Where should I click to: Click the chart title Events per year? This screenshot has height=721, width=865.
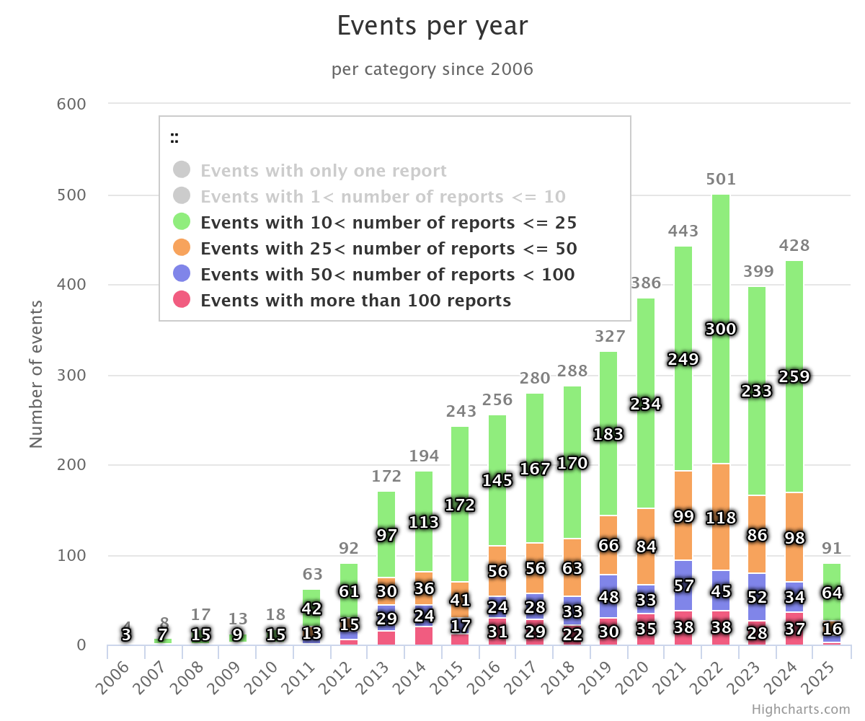[x=432, y=27]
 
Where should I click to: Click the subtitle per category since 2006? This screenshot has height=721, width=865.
[x=432, y=69]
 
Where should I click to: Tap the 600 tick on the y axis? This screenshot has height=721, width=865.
[x=71, y=105]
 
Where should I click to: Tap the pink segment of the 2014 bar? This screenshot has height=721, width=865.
[x=424, y=636]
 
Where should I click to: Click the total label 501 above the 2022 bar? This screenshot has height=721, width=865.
[x=721, y=180]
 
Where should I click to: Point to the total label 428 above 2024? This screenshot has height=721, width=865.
[x=794, y=246]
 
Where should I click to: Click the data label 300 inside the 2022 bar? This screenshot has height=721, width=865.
[x=721, y=329]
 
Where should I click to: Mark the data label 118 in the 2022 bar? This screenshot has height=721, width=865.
[x=721, y=518]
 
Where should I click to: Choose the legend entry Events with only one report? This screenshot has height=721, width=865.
[x=324, y=171]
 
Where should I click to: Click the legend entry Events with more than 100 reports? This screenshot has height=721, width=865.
[x=355, y=301]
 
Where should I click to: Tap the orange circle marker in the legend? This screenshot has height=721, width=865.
[x=182, y=248]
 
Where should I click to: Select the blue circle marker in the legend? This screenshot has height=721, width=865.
[x=182, y=274]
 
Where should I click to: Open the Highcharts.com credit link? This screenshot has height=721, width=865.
[x=800, y=709]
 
